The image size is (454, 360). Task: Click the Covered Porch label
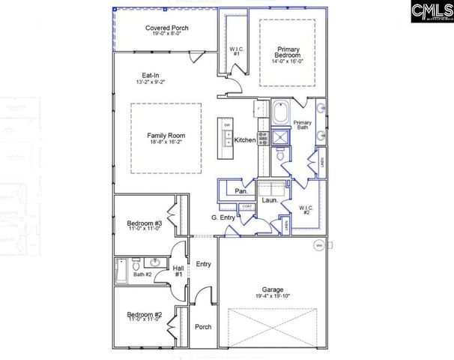tap(166, 28)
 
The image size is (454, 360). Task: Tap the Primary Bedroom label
tap(288, 52)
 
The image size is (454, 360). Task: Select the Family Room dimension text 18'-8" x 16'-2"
tap(166, 142)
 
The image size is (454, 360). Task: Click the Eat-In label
tap(150, 75)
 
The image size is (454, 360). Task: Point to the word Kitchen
tap(245, 140)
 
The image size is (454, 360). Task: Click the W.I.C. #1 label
tap(234, 52)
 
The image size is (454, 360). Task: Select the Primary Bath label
tap(303, 125)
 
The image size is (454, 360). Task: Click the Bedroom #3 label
tap(144, 223)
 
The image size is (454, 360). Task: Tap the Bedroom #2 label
tap(144, 314)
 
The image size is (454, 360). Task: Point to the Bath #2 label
tap(143, 274)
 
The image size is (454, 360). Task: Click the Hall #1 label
tap(178, 271)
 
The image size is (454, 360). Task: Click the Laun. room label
tap(270, 200)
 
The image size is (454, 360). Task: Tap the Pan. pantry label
tap(241, 191)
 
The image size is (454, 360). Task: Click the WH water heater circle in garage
tap(318, 245)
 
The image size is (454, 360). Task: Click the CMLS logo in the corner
tap(431, 13)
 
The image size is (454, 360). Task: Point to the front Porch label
tap(202, 327)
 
